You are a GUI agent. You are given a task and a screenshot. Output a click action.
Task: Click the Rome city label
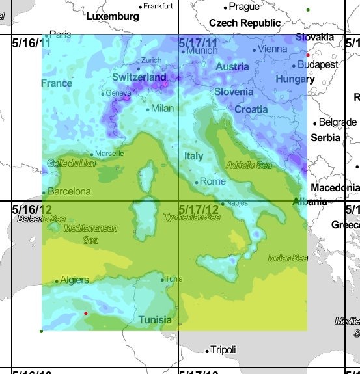coord(213,181)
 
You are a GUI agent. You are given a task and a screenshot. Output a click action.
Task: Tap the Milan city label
coord(161,109)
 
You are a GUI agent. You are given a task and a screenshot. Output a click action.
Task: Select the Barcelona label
coord(69,191)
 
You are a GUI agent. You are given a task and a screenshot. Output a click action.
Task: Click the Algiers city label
coord(74,280)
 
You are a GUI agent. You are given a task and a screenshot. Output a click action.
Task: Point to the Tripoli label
coord(223,350)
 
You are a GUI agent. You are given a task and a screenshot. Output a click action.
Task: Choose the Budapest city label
coord(318,64)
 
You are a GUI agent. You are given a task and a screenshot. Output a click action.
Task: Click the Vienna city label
coord(272,49)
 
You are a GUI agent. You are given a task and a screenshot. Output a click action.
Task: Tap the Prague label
coord(244,7)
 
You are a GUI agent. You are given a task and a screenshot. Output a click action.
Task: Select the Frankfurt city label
coord(158,6)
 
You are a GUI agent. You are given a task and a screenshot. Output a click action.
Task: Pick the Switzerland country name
coord(139,77)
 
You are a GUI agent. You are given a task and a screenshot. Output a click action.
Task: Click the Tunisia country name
coord(155,319)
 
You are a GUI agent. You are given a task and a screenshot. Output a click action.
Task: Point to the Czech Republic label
coord(245,23)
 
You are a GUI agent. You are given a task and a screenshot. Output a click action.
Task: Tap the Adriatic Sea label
coord(249,165)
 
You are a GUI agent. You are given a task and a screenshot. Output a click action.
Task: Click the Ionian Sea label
coord(288,258)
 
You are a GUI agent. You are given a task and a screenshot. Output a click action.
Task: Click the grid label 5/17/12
coord(199,209)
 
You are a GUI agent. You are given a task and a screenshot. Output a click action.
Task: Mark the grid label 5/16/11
coord(32,43)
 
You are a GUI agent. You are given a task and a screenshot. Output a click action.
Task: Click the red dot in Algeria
coord(86,314)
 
